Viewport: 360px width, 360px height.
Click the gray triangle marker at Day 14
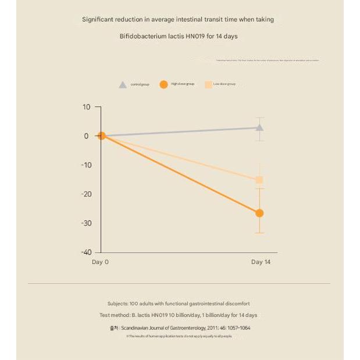[x=259, y=127]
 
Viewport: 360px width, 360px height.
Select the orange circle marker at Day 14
[x=259, y=213]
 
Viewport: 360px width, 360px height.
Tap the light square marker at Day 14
[x=259, y=180]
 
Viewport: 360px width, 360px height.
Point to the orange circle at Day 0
[x=101, y=136]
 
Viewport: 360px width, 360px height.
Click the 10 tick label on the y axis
[x=87, y=107]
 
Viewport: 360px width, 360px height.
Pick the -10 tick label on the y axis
[x=85, y=165]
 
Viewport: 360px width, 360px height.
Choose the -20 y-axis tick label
[x=85, y=194]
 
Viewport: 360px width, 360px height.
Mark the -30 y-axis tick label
[x=85, y=223]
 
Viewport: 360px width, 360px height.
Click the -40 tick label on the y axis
[x=85, y=252]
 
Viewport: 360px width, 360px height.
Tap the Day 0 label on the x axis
[x=101, y=262]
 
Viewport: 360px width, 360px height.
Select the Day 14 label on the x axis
[x=261, y=262]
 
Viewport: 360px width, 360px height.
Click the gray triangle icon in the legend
[x=123, y=85]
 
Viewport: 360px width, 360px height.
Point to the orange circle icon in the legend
[x=163, y=84]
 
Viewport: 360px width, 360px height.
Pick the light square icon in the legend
[x=208, y=84]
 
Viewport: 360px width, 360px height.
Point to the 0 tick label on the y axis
[x=87, y=136]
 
